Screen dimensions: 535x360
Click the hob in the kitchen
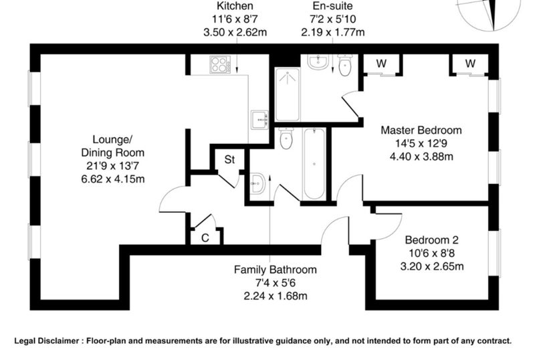[220, 64]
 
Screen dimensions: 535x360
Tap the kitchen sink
[259, 120]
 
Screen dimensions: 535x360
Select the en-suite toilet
[344, 65]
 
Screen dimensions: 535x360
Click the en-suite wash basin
[318, 62]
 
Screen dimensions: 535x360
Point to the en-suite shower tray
[288, 94]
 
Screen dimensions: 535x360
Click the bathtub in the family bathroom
[314, 163]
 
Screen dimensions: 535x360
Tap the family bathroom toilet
[286, 139]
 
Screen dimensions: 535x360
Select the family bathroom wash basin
[257, 183]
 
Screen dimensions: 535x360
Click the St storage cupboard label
[229, 159]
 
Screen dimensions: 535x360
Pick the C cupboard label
[205, 238]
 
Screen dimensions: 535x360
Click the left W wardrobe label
[381, 64]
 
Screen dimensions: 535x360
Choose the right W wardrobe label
[470, 64]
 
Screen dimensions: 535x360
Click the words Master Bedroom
[421, 130]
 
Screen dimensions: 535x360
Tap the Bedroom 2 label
[431, 240]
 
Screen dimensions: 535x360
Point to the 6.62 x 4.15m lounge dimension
[113, 179]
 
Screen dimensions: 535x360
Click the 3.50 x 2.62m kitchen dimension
[235, 32]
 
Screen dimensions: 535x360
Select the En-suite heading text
[332, 6]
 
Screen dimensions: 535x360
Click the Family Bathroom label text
[276, 270]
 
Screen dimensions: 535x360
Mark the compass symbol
[490, 13]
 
